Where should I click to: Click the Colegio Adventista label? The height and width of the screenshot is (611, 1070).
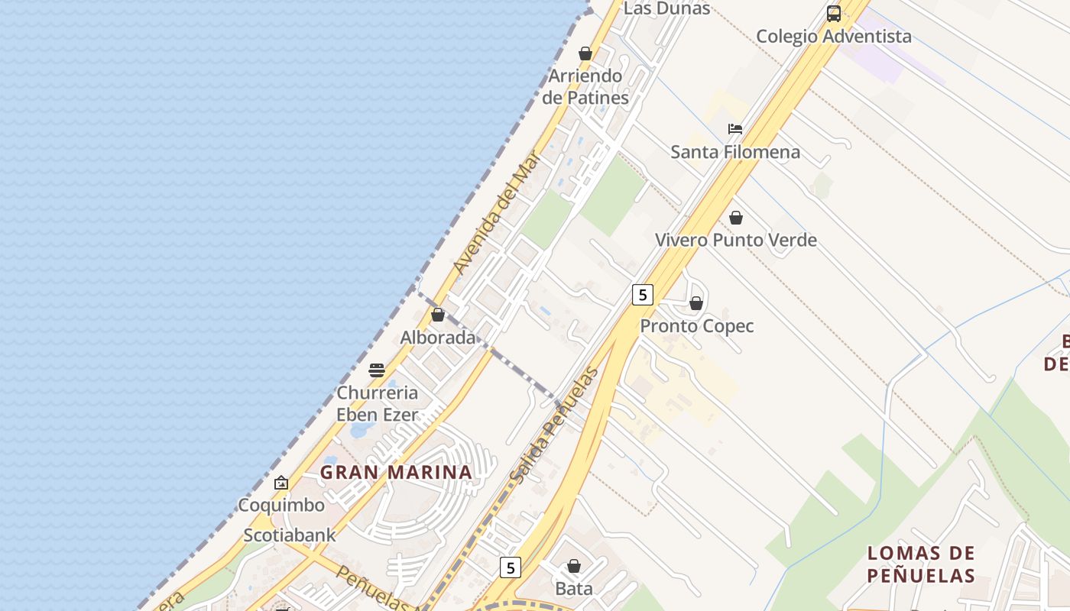833,36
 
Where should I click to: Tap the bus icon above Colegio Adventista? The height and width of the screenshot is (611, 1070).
833,13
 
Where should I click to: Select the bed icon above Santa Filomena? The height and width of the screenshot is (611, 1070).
735,128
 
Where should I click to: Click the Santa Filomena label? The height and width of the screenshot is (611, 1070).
735,151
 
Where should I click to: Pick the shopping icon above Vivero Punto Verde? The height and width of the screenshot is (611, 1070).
736,218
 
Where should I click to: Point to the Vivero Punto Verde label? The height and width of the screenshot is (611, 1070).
736,240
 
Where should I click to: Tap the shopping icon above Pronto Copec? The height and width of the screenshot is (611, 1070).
696,303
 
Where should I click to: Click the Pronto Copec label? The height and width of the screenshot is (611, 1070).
696,326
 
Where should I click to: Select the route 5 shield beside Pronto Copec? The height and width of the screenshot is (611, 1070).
643,294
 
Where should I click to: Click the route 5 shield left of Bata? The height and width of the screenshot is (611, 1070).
511,567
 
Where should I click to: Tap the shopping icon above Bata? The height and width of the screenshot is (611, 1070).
574,566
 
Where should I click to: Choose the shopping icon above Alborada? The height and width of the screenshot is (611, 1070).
438,315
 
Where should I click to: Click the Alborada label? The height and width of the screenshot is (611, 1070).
438,338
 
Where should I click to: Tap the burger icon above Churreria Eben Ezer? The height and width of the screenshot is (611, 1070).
377,370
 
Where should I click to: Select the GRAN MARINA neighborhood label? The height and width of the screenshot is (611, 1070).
396,472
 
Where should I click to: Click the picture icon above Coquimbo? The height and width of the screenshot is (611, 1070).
281,483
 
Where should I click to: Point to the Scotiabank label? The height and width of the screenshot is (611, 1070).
290,535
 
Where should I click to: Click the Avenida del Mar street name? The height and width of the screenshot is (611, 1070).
497,214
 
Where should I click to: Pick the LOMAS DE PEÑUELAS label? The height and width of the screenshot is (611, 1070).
921,564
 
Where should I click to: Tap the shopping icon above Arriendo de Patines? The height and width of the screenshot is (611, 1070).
585,53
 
